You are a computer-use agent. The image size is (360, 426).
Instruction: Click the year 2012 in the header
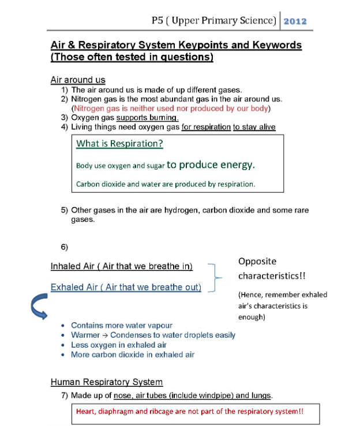(x=295, y=21)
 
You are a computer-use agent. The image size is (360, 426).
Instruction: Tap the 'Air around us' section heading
(x=78, y=80)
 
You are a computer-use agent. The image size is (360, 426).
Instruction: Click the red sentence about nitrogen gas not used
(x=171, y=108)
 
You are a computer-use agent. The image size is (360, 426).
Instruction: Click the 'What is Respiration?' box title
(x=119, y=144)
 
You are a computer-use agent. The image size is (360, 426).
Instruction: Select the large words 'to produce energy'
(x=211, y=165)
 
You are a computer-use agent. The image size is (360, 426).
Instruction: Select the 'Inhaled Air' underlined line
(x=121, y=266)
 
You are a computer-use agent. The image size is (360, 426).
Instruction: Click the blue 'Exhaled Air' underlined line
(x=126, y=287)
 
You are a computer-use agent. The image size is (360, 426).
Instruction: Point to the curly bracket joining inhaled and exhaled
(x=215, y=277)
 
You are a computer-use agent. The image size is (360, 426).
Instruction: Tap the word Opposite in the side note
(x=257, y=261)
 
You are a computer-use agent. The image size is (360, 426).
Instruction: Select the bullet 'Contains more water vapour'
(x=121, y=326)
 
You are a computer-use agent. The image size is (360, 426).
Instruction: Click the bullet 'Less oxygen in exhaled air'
(x=119, y=345)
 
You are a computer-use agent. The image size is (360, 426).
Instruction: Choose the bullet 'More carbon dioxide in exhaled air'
(x=133, y=355)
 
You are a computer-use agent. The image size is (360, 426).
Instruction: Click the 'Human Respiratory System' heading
(x=107, y=382)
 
